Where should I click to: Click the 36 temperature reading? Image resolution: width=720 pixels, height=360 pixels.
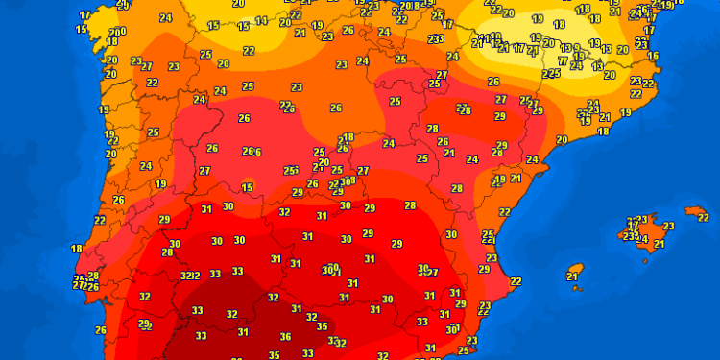pyautogui.click(x=285, y=337)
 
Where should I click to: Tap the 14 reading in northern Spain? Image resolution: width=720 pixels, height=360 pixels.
pyautogui.click(x=262, y=20)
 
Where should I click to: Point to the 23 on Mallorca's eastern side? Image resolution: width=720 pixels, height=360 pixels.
pyautogui.click(x=668, y=227)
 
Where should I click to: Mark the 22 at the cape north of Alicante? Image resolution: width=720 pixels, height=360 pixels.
pyautogui.click(x=516, y=281)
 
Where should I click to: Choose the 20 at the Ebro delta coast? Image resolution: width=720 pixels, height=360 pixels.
pyautogui.click(x=562, y=140)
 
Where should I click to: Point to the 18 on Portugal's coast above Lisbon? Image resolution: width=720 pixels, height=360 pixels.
pyautogui.click(x=76, y=249)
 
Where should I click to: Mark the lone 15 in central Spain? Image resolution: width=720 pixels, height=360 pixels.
pyautogui.click(x=248, y=187)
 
